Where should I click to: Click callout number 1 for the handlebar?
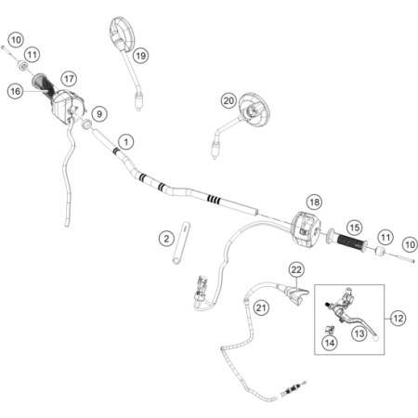point(126,142)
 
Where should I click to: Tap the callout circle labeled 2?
point(166,239)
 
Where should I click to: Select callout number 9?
point(99,114)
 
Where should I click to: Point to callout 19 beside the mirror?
point(140,56)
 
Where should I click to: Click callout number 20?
point(229,100)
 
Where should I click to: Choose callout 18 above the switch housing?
point(314,202)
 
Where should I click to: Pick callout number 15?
point(354,228)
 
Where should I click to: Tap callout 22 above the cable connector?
point(296,269)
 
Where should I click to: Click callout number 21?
point(261,307)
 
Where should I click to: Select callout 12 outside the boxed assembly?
point(398,318)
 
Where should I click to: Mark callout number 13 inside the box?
point(359,333)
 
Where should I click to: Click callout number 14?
point(330,343)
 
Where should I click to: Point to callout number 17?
point(69,79)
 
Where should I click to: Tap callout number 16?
point(15,91)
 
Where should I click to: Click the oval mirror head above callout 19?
point(122,33)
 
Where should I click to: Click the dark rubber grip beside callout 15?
point(352,242)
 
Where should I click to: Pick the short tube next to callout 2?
point(181,243)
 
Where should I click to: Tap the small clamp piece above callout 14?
point(329,330)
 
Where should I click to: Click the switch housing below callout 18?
point(306,229)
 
